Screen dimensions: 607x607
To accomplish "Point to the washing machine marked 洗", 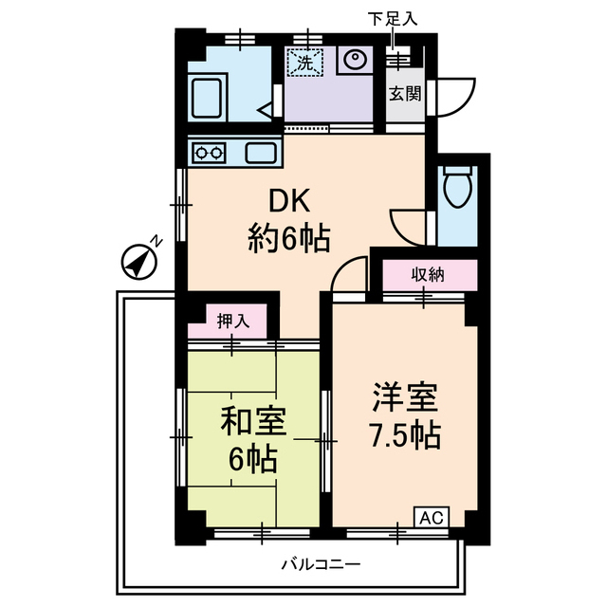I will click(305, 63).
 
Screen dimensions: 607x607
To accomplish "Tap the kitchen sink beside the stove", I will click(259, 151).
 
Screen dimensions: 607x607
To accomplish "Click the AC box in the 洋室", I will click(431, 518).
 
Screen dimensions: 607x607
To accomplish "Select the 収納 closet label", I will click(429, 276).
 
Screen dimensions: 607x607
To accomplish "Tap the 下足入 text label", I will click(391, 17).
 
